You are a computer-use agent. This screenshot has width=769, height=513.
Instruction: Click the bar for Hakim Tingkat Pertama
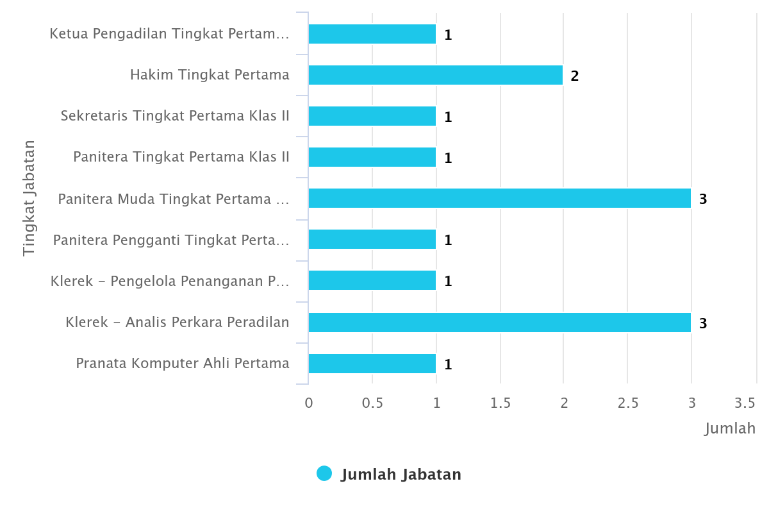click(436, 75)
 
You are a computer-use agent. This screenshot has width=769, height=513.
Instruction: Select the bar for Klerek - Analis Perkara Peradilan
click(500, 323)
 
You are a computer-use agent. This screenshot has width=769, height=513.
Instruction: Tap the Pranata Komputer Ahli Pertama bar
click(372, 364)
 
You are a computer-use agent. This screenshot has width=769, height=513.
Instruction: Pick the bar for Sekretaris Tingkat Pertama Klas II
click(372, 116)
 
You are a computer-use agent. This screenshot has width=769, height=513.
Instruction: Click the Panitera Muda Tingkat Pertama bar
click(500, 198)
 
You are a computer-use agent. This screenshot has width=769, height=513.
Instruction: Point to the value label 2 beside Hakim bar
click(575, 76)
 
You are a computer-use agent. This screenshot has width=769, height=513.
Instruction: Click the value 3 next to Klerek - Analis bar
click(703, 323)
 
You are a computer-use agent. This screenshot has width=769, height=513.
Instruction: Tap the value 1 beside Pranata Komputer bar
click(448, 364)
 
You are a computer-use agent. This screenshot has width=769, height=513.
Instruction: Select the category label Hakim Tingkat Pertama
click(210, 75)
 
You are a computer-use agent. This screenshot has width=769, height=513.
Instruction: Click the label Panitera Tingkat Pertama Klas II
click(181, 157)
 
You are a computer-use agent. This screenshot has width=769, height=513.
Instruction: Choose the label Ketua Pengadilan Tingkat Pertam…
click(169, 34)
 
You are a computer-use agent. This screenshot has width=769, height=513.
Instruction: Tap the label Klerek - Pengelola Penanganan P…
click(170, 281)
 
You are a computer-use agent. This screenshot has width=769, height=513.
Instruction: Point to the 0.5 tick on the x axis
click(372, 403)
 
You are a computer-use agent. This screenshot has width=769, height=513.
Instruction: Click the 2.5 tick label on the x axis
click(628, 403)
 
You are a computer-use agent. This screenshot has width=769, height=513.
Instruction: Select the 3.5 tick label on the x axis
click(745, 403)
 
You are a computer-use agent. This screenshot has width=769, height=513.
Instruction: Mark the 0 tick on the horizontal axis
click(309, 403)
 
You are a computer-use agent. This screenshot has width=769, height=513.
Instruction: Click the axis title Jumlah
click(730, 428)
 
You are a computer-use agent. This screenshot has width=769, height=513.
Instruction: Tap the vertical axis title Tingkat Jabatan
click(29, 198)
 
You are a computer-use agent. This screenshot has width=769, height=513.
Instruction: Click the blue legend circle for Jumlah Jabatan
click(324, 474)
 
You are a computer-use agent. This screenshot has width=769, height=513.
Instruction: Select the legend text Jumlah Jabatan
click(401, 475)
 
